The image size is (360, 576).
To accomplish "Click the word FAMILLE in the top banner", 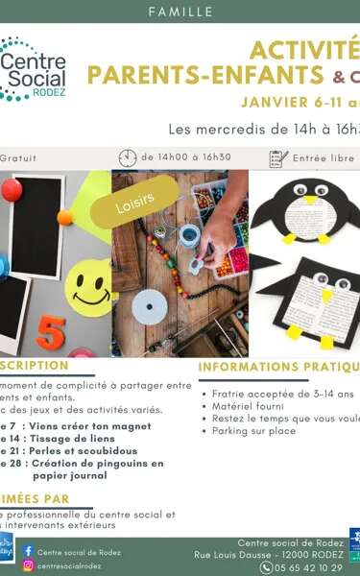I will pos(180,12).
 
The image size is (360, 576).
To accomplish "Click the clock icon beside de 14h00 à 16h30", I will pos(128,157).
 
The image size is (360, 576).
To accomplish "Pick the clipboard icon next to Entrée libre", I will pos(279,157).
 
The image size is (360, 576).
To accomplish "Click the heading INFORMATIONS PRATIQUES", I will pos(278,366).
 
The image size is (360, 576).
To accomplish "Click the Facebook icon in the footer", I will pos(28,551).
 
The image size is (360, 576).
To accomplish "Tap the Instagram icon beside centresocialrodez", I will pos(28,566).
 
